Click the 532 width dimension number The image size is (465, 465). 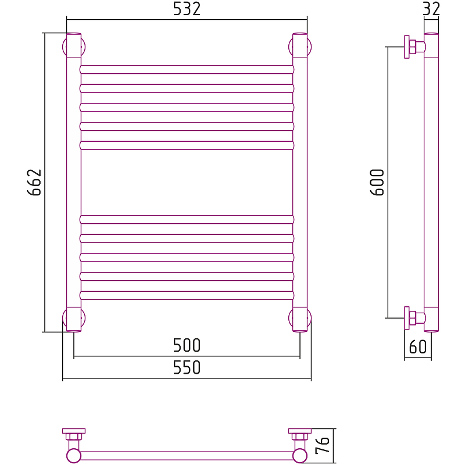pos(187,9)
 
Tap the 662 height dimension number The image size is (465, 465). pos(34,182)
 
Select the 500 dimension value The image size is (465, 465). pos(187,345)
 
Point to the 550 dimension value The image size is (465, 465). pos(187,367)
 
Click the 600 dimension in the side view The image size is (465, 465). pos(377,182)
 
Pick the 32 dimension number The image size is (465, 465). pos(431,9)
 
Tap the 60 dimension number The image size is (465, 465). pos(418,346)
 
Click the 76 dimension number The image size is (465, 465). pos(323,445)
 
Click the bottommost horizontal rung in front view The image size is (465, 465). pos(187,295)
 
